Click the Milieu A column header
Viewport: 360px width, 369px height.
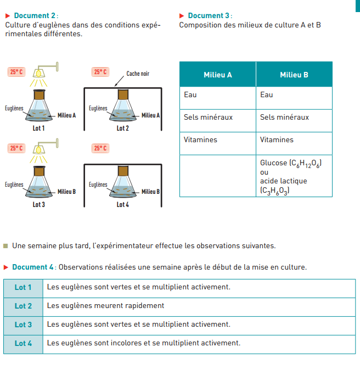point(217,75)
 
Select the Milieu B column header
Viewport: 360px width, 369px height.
point(294,75)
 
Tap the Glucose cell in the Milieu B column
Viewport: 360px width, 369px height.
point(290,163)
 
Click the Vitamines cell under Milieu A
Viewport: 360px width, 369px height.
point(200,140)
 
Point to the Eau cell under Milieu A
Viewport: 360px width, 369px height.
point(190,95)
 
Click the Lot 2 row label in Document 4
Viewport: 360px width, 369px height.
point(23,306)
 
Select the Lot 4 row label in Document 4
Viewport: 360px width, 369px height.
point(23,343)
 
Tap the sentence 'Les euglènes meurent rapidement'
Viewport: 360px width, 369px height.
point(105,306)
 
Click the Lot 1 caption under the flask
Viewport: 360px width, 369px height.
point(38,128)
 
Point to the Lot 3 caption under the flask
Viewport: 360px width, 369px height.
point(38,204)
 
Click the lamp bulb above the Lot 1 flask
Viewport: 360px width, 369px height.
point(39,72)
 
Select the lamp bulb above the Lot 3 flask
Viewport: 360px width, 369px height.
point(39,149)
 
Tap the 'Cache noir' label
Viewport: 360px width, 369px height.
point(138,74)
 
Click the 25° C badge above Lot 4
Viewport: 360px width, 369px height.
point(100,148)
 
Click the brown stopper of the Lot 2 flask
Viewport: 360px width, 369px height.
point(122,94)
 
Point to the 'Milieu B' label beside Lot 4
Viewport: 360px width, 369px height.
point(150,192)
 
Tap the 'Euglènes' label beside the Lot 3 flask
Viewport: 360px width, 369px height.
point(14,185)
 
